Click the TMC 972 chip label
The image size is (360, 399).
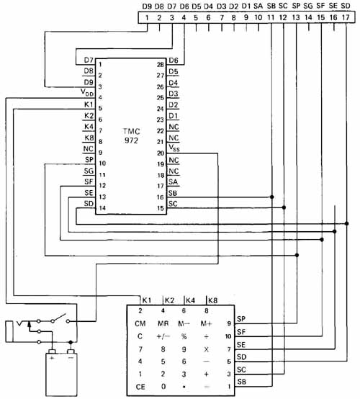click(x=132, y=136)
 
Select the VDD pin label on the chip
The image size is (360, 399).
click(x=87, y=92)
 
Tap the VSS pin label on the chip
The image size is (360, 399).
click(x=174, y=148)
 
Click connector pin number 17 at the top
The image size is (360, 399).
click(x=346, y=17)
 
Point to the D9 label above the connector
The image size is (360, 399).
click(x=147, y=6)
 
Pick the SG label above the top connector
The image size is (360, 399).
click(x=308, y=6)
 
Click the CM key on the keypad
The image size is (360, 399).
click(x=140, y=323)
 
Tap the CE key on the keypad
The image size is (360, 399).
click(x=140, y=387)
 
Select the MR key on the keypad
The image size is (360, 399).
click(x=163, y=323)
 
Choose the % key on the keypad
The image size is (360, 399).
click(x=184, y=336)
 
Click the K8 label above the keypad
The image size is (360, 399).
click(x=212, y=300)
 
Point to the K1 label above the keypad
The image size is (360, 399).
click(x=147, y=300)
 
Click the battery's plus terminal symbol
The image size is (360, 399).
click(x=52, y=358)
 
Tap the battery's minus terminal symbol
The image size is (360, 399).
click(x=71, y=358)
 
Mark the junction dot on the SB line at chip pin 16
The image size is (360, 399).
click(x=271, y=197)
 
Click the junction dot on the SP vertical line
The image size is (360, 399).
click(x=297, y=255)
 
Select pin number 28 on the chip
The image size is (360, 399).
click(x=161, y=65)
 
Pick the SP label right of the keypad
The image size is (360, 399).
click(x=241, y=319)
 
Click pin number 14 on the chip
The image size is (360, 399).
click(x=102, y=208)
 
